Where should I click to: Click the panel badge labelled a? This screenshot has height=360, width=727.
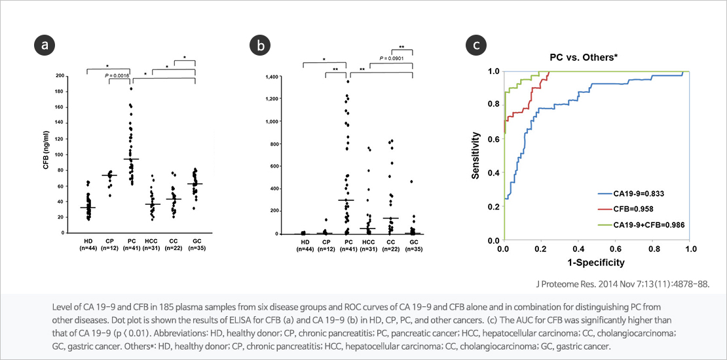coord(45,45)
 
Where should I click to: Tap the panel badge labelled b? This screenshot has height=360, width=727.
coord(261,45)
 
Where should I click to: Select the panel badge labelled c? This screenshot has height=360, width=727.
coord(475,45)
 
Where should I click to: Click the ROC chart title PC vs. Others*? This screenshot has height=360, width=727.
coord(584,57)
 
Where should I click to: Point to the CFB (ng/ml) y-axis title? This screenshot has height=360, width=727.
coord(47,154)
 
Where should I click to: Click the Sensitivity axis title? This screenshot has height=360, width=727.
coord(477,156)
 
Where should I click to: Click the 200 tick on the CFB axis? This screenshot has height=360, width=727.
coord(60,76)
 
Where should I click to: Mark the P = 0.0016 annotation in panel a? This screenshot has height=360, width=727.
coord(117,76)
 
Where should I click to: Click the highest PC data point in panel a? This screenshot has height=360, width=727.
coord(131,88)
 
